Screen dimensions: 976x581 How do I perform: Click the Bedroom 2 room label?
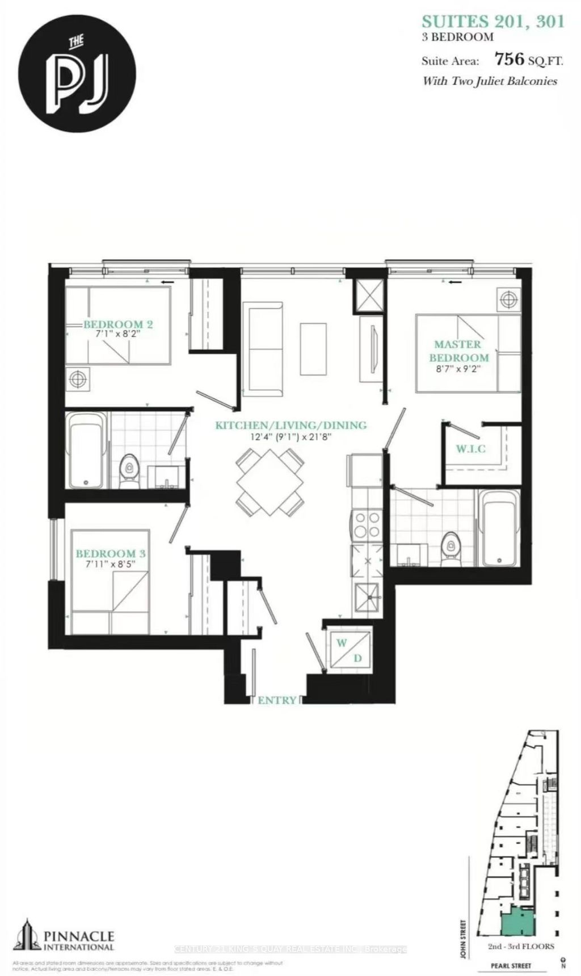[118, 325]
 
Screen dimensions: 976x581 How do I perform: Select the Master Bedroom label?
[458, 351]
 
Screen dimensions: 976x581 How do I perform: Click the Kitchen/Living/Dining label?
[290, 425]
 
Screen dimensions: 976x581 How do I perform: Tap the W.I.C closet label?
[471, 449]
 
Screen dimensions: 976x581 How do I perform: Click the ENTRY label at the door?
[277, 700]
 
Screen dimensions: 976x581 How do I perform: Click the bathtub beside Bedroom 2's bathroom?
[87, 450]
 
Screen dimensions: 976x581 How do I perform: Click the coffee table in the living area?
[313, 348]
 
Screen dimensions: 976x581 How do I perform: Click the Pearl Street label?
[512, 966]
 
